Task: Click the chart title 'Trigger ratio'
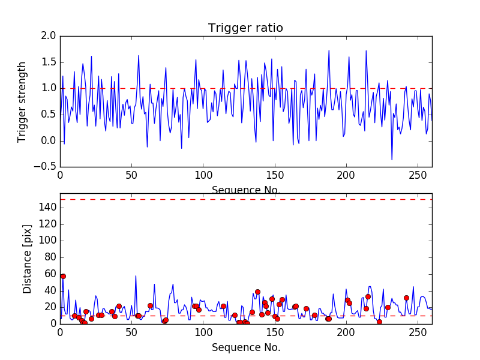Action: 245,28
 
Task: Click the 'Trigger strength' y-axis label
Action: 22,102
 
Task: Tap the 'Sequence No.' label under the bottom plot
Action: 245,347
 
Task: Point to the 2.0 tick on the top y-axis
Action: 49,36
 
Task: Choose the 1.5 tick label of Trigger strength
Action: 49,62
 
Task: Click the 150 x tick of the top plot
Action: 275,176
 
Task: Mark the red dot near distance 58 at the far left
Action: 63,276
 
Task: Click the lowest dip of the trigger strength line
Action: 392,160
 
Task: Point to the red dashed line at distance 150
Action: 245,199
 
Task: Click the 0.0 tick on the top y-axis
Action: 49,141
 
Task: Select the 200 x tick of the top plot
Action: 346,176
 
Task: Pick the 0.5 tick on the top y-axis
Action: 49,115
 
